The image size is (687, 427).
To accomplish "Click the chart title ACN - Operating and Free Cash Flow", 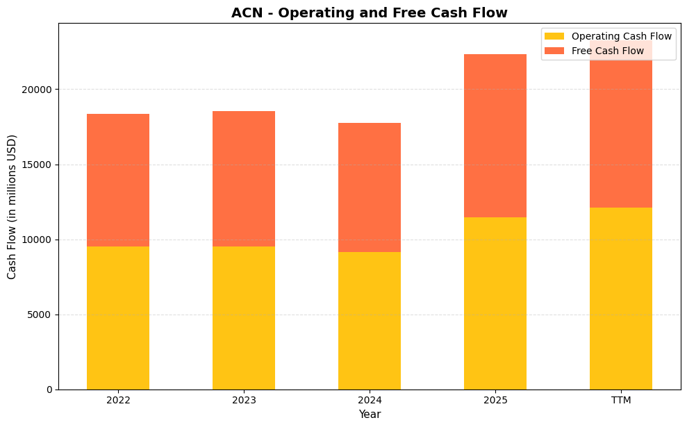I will (x=369, y=13).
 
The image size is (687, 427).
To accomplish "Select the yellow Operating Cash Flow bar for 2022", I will (x=118, y=318).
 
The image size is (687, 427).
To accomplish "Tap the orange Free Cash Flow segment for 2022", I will (x=118, y=181).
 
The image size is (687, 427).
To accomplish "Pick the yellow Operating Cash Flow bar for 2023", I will (x=244, y=318).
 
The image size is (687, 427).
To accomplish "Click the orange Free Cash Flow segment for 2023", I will (x=244, y=179).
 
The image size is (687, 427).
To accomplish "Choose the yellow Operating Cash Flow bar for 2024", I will (x=370, y=321).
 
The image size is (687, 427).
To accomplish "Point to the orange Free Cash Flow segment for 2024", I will (x=370, y=187).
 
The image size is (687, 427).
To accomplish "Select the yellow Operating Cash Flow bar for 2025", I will (x=495, y=303).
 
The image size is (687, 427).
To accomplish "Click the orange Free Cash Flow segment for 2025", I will (x=495, y=136).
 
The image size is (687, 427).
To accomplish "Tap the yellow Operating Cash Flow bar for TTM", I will (x=621, y=299).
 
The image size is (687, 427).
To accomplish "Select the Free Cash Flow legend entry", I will (x=607, y=51).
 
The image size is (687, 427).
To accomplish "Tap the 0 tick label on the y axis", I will (x=49, y=390).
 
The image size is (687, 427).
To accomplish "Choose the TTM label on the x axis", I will (x=621, y=401).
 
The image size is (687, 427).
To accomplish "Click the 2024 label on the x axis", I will (x=370, y=401).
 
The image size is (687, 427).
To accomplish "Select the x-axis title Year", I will (x=370, y=415).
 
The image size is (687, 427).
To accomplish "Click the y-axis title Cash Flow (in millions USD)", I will (x=12, y=207).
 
